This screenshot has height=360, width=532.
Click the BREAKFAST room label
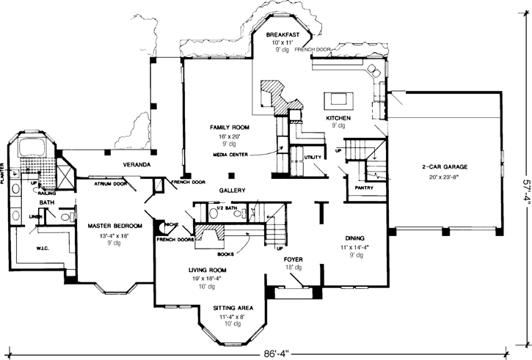(x=283, y=34)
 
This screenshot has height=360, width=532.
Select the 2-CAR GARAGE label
(x=445, y=167)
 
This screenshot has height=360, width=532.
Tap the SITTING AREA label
(x=233, y=308)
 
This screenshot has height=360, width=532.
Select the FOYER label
(x=294, y=260)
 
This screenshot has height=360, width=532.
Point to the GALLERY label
(x=231, y=190)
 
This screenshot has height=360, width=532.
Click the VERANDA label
(x=136, y=165)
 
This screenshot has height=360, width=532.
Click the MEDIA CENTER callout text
(x=230, y=155)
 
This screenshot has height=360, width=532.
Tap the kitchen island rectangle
(x=339, y=99)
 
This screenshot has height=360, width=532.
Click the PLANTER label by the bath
(x=4, y=172)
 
